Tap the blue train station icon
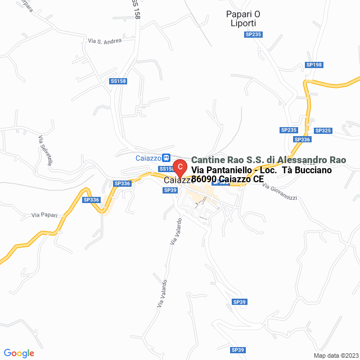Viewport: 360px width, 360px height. pyautogui.click(x=166, y=158)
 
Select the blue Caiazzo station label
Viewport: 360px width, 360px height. pyautogui.click(x=148, y=158)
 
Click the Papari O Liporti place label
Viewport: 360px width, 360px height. pyautogui.click(x=251, y=19)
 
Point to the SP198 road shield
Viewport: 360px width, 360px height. pyautogui.click(x=314, y=65)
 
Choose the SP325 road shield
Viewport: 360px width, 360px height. pyautogui.click(x=323, y=130)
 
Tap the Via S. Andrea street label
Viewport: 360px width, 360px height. pyautogui.click(x=105, y=40)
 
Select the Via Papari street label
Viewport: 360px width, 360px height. pyautogui.click(x=44, y=214)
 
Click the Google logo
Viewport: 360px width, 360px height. pyautogui.click(x=19, y=353)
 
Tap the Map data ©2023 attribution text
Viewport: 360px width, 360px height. pyautogui.click(x=335, y=355)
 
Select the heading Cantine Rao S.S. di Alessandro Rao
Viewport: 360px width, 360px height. pyautogui.click(x=268, y=160)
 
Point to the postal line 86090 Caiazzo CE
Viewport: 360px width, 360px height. pyautogui.click(x=227, y=179)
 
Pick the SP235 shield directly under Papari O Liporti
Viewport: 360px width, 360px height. pyautogui.click(x=254, y=34)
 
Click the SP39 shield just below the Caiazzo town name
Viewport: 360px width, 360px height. pyautogui.click(x=170, y=190)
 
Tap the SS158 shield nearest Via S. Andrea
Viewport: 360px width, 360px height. pyautogui.click(x=118, y=81)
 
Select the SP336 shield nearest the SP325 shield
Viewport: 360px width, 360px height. pyautogui.click(x=302, y=139)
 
